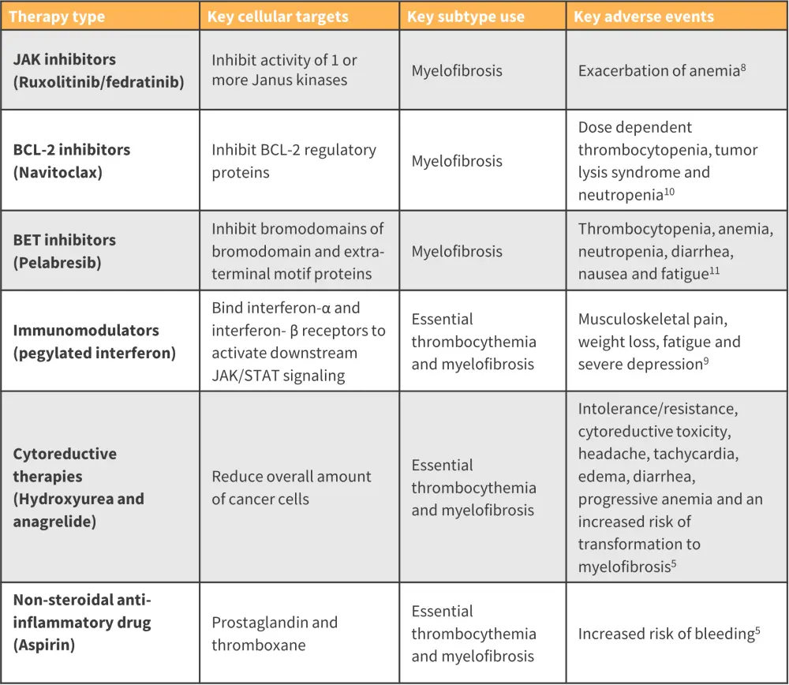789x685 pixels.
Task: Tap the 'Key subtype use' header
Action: (466, 17)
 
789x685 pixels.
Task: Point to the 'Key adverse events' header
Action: (643, 17)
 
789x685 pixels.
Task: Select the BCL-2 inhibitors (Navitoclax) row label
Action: (72, 160)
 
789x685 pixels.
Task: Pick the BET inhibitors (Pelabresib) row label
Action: (64, 251)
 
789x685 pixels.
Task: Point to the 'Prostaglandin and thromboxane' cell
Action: (274, 633)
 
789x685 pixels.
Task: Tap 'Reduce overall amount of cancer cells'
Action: (290, 487)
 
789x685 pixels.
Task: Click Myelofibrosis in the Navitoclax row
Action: (456, 160)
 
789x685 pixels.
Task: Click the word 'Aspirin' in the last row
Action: (47, 644)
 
